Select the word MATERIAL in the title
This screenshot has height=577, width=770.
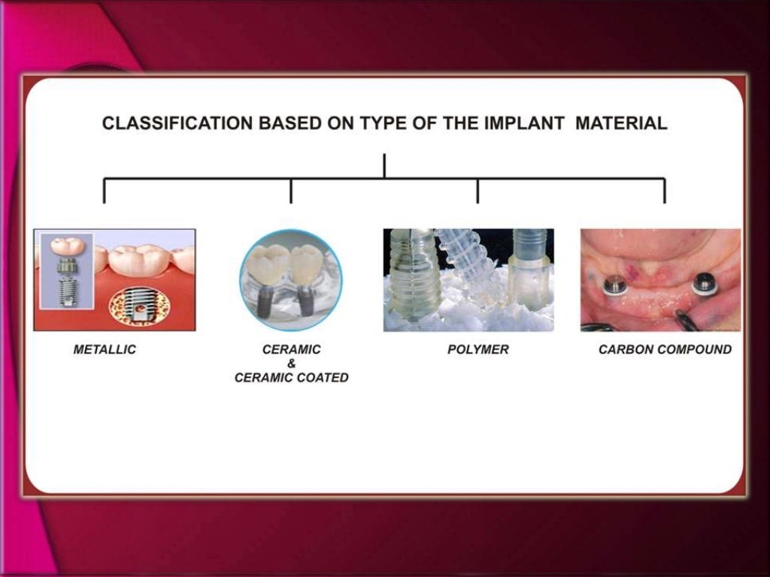(x=621, y=124)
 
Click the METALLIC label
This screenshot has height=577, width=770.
(x=105, y=349)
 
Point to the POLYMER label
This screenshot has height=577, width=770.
(x=478, y=349)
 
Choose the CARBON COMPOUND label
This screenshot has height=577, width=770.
(x=665, y=349)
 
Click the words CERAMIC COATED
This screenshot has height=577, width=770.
(x=292, y=378)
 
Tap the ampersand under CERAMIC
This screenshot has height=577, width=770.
(x=292, y=364)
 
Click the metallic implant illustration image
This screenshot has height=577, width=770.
(x=114, y=279)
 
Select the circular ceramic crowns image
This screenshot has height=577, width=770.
(x=291, y=280)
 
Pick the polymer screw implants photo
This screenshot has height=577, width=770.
(x=468, y=279)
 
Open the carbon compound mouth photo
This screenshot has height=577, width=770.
(x=660, y=279)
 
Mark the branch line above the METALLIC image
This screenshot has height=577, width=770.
(x=105, y=191)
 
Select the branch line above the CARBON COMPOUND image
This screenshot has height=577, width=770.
(x=664, y=191)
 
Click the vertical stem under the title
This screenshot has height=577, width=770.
(x=384, y=165)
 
